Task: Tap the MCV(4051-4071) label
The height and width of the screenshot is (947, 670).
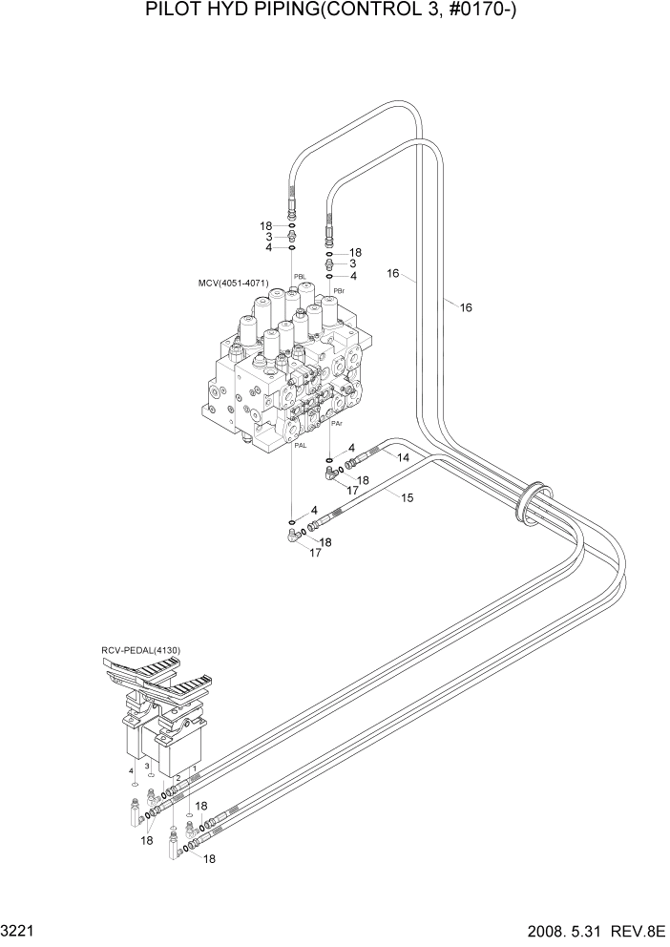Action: [233, 284]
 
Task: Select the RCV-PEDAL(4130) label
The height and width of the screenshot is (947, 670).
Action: [140, 651]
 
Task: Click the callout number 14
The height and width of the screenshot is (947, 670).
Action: [404, 458]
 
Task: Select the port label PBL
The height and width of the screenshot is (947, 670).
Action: [300, 277]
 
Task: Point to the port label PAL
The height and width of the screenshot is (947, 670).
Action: [300, 445]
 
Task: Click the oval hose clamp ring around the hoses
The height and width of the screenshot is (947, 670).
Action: [532, 504]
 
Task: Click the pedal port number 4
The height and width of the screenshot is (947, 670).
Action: [131, 769]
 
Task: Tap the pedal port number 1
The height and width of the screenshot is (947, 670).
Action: [195, 768]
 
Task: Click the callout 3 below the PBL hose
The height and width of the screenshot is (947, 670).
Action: [269, 236]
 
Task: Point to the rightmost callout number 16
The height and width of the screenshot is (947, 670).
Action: [466, 307]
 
